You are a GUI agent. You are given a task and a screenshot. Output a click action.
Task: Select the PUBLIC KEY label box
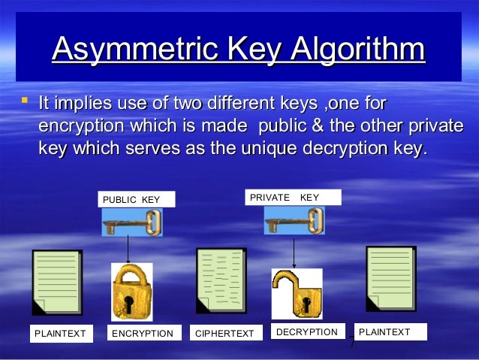coord(137,199)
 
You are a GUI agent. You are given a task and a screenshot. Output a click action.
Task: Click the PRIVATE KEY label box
coord(294,198)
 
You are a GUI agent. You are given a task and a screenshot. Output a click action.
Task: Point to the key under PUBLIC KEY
coord(132,222)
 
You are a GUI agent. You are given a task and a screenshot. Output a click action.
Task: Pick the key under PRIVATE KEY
coord(294,221)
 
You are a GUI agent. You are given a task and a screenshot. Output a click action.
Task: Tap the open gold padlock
coord(296,294)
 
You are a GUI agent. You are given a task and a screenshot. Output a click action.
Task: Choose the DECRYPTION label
coord(307,331)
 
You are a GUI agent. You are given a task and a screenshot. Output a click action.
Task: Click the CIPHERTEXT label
coord(225,333)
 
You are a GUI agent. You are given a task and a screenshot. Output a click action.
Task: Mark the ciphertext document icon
coord(221,280)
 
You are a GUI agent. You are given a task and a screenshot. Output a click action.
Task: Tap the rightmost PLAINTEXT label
coord(389,331)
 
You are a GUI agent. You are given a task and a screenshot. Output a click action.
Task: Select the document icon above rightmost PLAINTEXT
coord(390,278)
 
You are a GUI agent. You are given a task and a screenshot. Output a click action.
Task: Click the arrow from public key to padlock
coord(128,249)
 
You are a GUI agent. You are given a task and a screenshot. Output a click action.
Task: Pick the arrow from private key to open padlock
coord(294,253)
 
